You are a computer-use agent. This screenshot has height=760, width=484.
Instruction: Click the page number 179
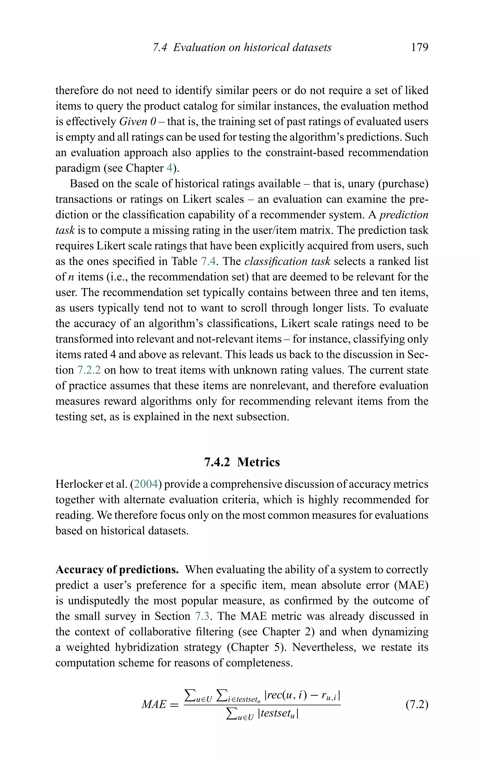point(419,47)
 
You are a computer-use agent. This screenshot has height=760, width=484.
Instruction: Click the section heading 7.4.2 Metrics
point(242,462)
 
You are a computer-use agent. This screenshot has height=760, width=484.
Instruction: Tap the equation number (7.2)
point(417,704)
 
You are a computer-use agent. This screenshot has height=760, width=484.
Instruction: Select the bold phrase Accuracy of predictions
point(117,570)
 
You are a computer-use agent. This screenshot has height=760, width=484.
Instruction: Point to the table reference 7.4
point(208,261)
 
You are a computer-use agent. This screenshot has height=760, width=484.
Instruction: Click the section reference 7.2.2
point(89,370)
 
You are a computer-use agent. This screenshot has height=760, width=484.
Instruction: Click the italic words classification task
point(287,261)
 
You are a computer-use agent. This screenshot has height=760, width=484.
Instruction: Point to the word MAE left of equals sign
point(154,704)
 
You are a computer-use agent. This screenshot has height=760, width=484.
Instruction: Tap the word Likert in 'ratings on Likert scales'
point(194,199)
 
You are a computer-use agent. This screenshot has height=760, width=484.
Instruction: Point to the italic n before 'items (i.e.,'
point(71,277)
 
